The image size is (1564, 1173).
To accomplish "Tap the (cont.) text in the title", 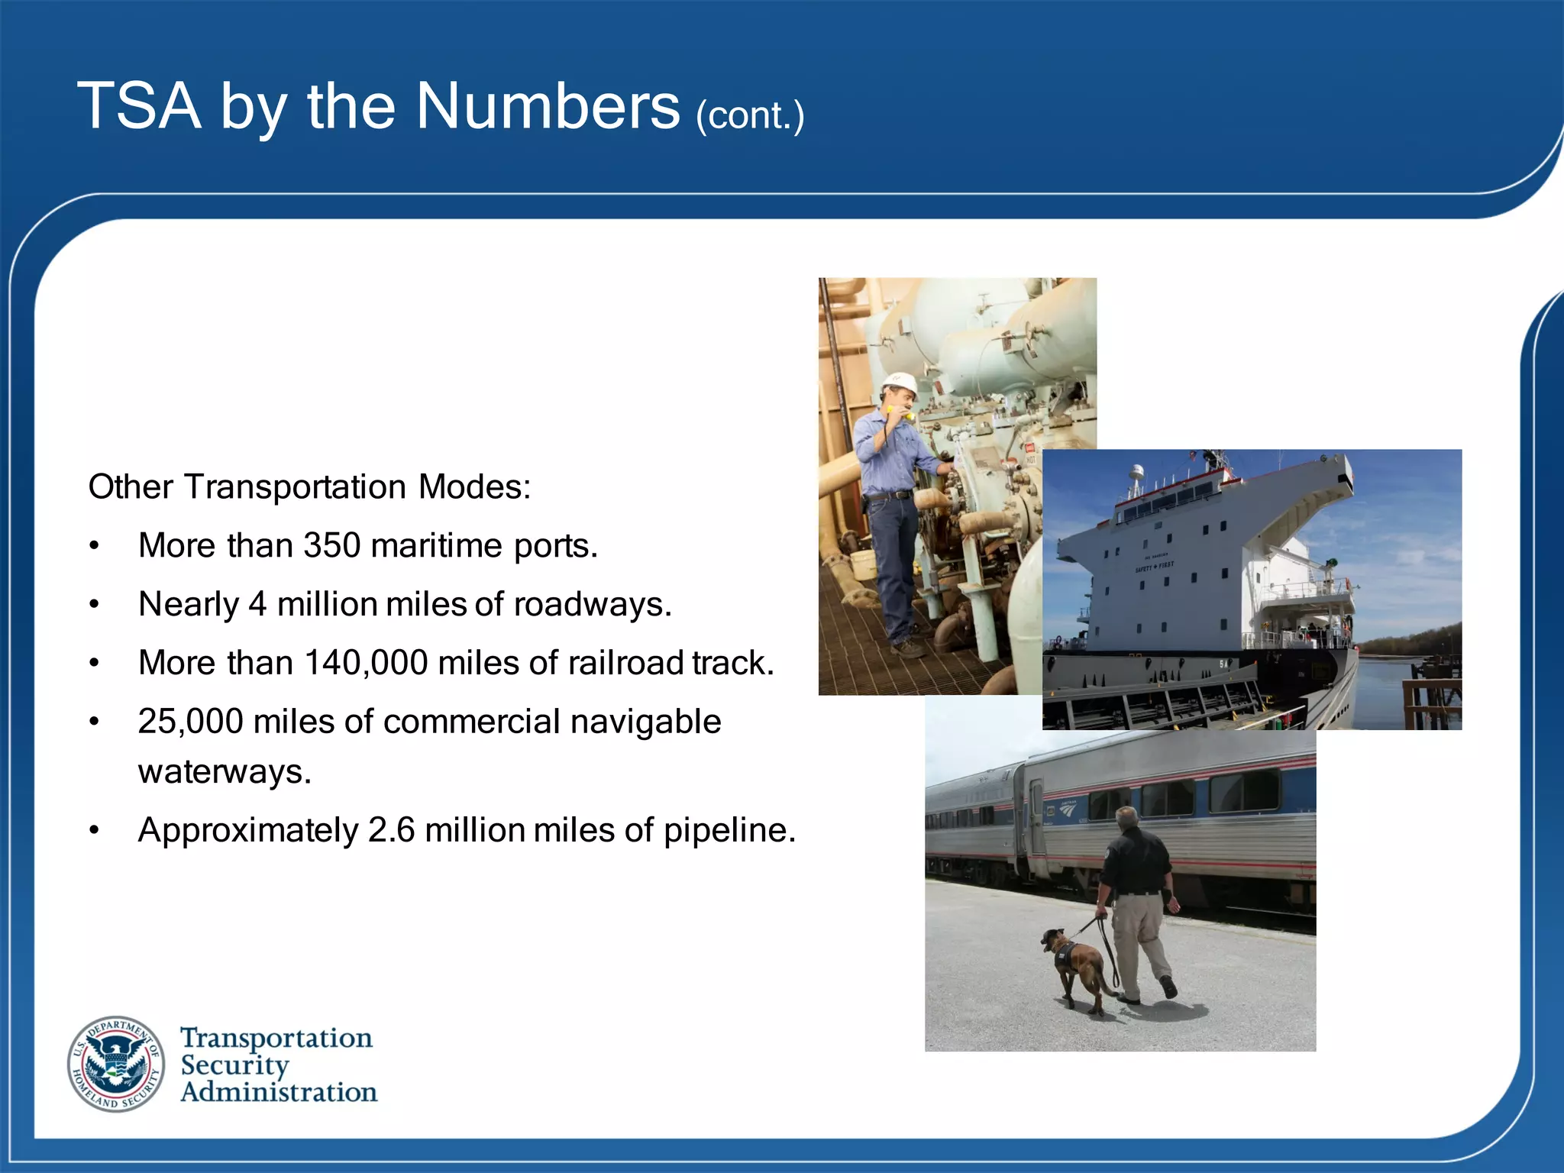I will point(750,116).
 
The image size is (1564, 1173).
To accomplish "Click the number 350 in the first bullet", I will point(331,545).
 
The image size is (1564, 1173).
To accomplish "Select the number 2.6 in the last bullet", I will point(391,830).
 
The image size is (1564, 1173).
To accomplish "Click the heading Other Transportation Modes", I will point(309,487).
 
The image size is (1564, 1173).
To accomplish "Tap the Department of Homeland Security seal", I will point(115,1064).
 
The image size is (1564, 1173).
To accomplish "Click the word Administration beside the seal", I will point(279,1092).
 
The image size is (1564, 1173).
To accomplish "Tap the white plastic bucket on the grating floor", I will point(864,564).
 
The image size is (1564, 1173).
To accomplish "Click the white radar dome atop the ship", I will point(1137,471).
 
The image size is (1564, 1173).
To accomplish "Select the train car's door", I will point(1036,817).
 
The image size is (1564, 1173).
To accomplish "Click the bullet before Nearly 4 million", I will point(94,605).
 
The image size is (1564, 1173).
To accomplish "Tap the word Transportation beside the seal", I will point(276,1038).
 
